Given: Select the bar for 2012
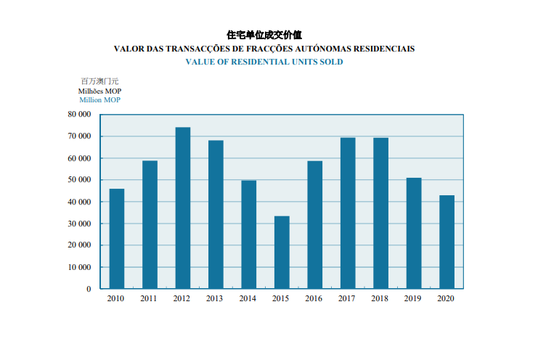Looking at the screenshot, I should [x=183, y=208].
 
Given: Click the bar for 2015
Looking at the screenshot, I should [x=282, y=253].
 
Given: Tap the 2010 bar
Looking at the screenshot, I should [x=117, y=239].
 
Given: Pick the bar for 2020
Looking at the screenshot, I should [x=447, y=242].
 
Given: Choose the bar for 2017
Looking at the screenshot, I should [x=348, y=213].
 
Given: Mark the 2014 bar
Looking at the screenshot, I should [x=249, y=234].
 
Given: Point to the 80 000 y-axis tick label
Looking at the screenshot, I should [x=78, y=115].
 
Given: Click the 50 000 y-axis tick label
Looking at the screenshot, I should [x=78, y=180].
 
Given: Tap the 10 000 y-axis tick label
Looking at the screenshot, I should [x=78, y=267].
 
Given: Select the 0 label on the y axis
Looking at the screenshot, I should [x=89, y=289].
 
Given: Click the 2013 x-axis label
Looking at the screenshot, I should [x=215, y=298].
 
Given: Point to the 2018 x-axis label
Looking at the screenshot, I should [x=380, y=298].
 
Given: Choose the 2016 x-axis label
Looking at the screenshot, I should [x=314, y=298].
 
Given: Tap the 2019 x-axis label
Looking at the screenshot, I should [x=412, y=298].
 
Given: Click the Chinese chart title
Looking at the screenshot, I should [x=264, y=34].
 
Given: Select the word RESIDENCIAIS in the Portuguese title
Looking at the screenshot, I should [x=384, y=49].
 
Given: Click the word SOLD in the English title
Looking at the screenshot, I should [x=333, y=62].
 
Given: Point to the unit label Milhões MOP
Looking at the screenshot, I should [x=99, y=91].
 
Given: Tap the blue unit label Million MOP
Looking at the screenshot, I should [x=99, y=100].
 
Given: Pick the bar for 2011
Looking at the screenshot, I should [x=150, y=224].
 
